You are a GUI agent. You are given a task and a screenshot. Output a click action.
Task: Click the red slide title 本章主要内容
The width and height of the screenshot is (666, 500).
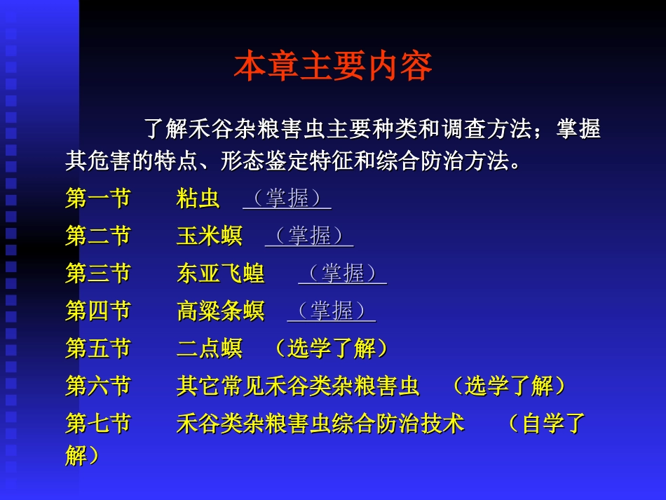pos(333,67)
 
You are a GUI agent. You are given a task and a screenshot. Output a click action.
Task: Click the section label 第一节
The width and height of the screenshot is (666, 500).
pos(98,198)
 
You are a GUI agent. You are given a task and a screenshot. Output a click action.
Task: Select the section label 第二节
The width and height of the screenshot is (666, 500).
pos(98,236)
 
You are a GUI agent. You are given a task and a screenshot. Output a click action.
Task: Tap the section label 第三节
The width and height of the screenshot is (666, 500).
pos(98,273)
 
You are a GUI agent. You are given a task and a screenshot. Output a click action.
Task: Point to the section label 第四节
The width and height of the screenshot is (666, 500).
pos(98,311)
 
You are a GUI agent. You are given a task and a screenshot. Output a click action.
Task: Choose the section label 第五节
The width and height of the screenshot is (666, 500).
pos(98,349)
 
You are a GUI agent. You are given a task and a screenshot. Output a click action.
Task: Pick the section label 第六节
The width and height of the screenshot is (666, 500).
pos(98,386)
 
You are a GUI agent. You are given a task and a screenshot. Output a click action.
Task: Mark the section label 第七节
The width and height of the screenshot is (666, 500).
pos(98,424)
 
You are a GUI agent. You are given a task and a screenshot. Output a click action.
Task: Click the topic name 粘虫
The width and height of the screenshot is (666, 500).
pos(198,198)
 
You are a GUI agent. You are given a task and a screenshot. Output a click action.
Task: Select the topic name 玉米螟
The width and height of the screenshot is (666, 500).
pos(210,236)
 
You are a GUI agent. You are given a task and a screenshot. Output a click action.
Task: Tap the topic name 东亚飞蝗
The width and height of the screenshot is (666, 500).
pos(221,273)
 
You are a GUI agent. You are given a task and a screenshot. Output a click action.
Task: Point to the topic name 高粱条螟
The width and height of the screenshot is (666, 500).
pos(221,311)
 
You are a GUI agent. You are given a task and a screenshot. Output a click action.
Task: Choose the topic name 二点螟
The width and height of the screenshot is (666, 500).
pos(210,349)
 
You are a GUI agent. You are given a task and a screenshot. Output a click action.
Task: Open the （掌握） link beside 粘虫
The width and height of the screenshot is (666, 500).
pos(287,198)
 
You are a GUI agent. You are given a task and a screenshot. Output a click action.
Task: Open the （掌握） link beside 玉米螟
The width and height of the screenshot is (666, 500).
pos(309,236)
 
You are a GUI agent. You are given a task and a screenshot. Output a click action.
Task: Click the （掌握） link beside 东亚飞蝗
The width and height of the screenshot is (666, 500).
pos(342,273)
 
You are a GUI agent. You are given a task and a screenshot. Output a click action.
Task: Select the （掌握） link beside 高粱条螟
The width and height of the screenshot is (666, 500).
pos(331,311)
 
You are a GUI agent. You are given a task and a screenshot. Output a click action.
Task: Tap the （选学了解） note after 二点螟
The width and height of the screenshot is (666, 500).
pos(331,349)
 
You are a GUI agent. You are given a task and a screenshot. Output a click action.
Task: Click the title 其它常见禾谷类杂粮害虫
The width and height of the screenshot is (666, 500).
pos(298,386)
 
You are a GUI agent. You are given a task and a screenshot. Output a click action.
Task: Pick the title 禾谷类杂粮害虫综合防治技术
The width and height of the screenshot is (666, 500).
pos(320,424)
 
